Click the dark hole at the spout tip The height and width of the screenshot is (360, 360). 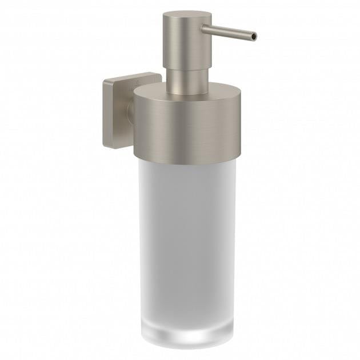[254, 37]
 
